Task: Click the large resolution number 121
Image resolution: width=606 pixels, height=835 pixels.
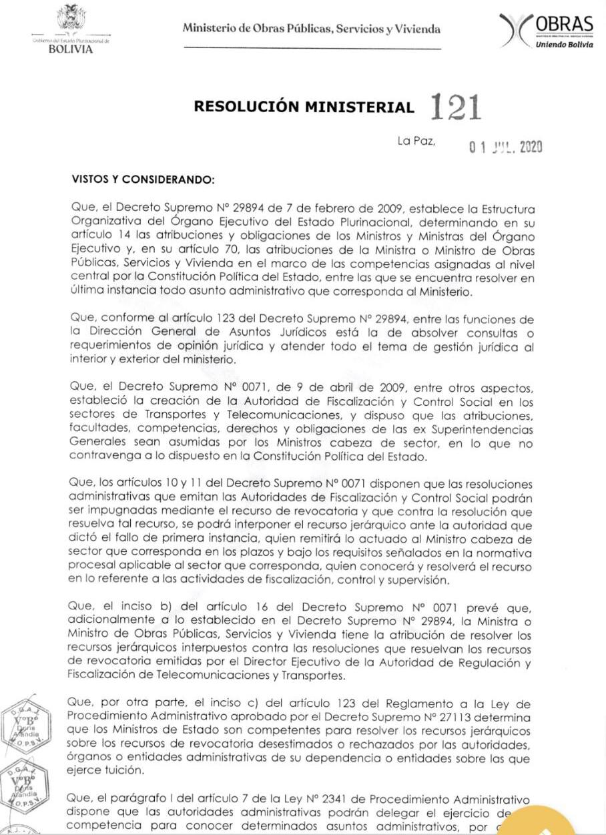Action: tap(457, 107)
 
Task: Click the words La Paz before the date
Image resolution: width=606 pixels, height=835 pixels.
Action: tap(416, 142)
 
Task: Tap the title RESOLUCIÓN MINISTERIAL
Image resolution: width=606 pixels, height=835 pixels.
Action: tap(304, 107)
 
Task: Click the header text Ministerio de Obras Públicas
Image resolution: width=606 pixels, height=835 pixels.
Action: tap(312, 29)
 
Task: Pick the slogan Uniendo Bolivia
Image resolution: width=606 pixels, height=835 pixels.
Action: tap(563, 45)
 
